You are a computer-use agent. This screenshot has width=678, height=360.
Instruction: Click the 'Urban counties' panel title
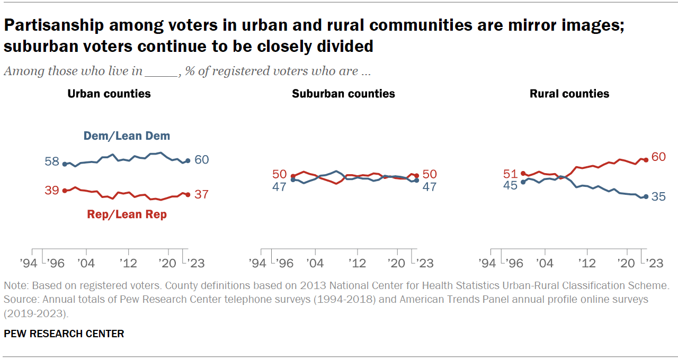(109, 94)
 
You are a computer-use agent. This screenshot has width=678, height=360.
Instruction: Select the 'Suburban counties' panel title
(343, 94)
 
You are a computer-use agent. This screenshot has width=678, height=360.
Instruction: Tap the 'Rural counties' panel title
(569, 94)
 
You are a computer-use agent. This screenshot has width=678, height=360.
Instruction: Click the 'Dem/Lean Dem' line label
(127, 136)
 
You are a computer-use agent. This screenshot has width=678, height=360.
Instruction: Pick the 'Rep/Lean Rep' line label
(127, 214)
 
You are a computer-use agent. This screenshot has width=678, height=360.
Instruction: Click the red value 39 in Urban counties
(52, 191)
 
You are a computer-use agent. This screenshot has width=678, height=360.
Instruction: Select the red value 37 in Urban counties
(201, 194)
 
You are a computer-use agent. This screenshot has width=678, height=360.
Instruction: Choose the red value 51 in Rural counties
(511, 174)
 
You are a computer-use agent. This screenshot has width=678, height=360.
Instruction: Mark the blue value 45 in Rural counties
(511, 186)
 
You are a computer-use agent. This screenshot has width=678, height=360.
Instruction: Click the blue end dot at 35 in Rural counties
(646, 196)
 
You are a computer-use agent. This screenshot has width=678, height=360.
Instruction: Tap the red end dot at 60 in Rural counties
(646, 159)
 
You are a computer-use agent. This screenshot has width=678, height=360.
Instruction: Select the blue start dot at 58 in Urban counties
(65, 164)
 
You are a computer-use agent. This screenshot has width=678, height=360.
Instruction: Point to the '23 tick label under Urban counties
(194, 263)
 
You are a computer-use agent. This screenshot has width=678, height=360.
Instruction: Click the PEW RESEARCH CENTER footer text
(64, 334)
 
